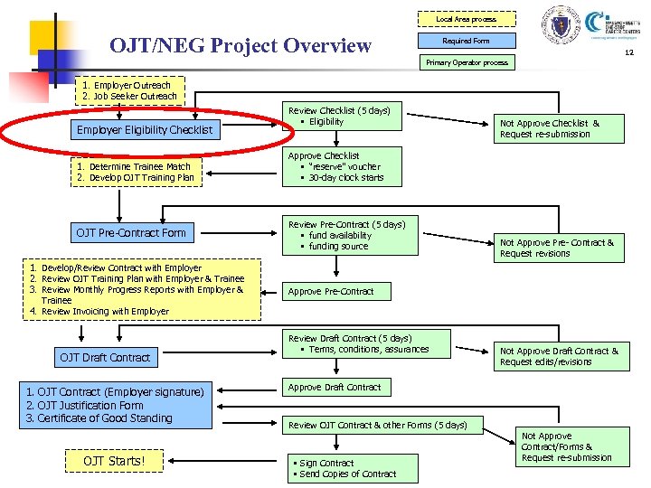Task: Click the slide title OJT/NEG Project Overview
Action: tap(240, 45)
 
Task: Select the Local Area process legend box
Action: tap(466, 19)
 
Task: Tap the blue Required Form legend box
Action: tap(466, 41)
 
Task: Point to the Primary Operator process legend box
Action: tap(467, 62)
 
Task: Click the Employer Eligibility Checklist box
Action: tap(145, 130)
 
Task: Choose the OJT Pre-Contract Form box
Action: tap(131, 233)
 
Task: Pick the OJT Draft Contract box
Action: tap(105, 358)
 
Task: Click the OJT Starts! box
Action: tap(114, 462)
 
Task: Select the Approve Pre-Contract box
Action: tap(330, 291)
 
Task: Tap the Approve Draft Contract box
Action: tap(335, 387)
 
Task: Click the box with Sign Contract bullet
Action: tap(353, 468)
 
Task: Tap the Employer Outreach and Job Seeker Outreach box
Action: tap(129, 90)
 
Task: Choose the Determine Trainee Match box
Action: tap(134, 172)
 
